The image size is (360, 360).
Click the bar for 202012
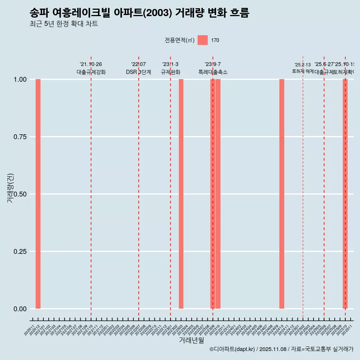(38, 194)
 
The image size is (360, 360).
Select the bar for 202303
(181, 194)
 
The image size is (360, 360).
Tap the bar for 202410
(282, 194)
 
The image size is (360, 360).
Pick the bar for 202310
(218, 194)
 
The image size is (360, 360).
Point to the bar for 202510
(345, 194)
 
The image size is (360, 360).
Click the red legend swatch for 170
(202, 40)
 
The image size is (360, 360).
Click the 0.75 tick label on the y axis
(20, 137)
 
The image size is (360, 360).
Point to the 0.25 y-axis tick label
(20, 252)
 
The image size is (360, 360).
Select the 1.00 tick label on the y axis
(20, 79)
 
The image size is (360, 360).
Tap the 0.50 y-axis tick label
(20, 194)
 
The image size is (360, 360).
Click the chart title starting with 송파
(139, 13)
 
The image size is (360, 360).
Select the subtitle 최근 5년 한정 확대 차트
(64, 24)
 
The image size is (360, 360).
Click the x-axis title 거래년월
(191, 340)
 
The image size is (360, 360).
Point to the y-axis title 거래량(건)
(10, 188)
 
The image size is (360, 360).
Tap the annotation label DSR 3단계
(138, 72)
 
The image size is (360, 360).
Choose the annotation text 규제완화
(171, 72)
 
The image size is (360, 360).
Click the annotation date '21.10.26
(91, 64)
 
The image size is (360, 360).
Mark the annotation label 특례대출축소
(213, 72)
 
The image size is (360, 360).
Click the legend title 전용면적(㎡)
(180, 40)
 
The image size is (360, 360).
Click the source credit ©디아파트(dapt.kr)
(232, 349)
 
